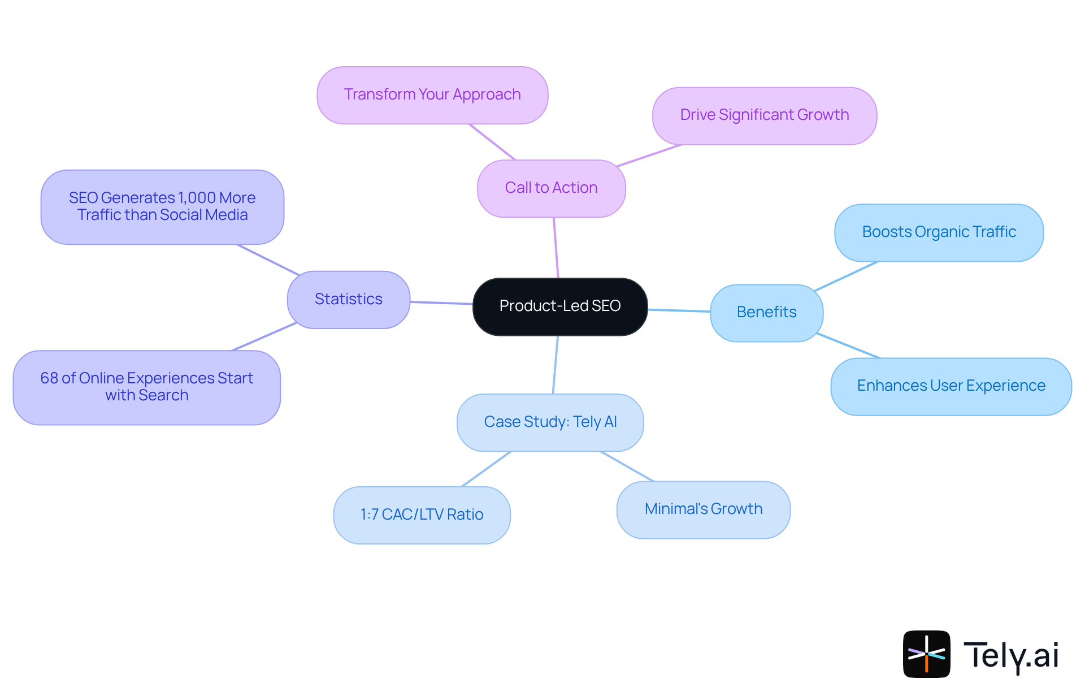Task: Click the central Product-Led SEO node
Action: point(559,306)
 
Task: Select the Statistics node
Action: point(348,299)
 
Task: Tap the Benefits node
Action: point(766,312)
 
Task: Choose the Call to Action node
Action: point(551,188)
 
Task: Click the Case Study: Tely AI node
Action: point(550,422)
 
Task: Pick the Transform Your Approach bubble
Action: point(432,94)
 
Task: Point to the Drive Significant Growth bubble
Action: point(764,115)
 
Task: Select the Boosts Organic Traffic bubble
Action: point(939,232)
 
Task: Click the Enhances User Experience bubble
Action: point(951,386)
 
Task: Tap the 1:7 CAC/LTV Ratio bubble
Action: point(422,515)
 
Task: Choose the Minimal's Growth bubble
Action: point(703,509)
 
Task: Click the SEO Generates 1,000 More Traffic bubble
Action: point(162,206)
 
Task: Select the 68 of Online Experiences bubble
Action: point(146,387)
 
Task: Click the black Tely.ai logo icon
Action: point(926,654)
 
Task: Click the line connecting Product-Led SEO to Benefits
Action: point(679,310)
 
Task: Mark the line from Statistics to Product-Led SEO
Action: point(441,303)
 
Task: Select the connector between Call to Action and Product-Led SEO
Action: point(556,248)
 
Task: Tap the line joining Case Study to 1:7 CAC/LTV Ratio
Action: point(487,469)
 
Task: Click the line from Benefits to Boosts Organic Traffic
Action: point(847,276)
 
